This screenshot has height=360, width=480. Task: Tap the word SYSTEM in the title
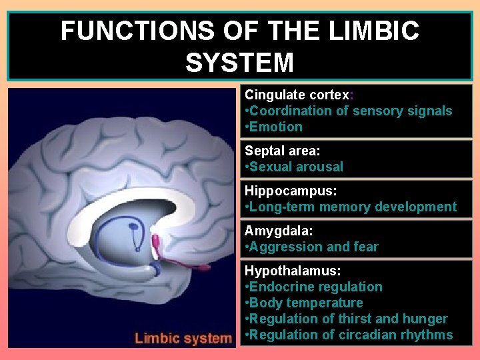coord(239,63)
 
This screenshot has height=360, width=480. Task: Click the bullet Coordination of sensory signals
coord(349,111)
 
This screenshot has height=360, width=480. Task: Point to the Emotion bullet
coord(274,127)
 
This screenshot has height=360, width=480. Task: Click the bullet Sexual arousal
coord(294,167)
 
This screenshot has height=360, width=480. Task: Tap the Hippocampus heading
coord(291,191)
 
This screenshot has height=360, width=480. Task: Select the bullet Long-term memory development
coord(351,207)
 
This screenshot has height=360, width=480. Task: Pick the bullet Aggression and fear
coord(311,247)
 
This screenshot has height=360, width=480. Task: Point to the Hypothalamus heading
coord(292,271)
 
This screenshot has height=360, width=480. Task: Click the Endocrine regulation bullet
coord(313,287)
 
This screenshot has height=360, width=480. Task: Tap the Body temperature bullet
coord(304,303)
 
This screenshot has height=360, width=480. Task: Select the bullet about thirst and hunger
coord(346,319)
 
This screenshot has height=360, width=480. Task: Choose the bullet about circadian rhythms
coord(349,335)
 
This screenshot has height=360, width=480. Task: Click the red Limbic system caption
coord(183,338)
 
